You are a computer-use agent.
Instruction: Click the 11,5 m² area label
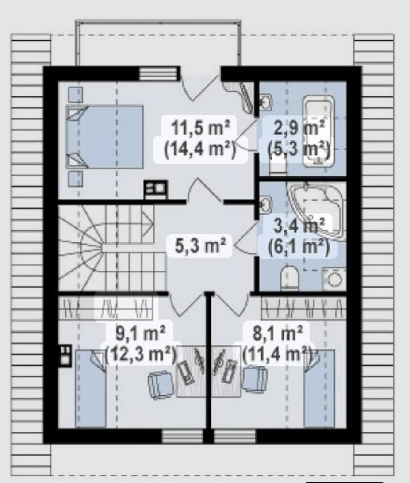pyautogui.click(x=200, y=128)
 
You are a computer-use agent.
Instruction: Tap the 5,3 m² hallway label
pyautogui.click(x=200, y=245)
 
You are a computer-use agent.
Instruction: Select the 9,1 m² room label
pyautogui.click(x=141, y=333)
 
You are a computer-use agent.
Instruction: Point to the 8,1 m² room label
pyautogui.click(x=278, y=333)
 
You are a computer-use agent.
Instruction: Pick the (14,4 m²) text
pyautogui.click(x=200, y=149)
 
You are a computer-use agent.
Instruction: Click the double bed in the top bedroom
pyautogui.click(x=105, y=137)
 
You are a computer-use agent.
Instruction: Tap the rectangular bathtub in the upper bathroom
pyautogui.click(x=318, y=131)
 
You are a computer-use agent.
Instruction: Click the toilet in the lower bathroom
pyautogui.click(x=290, y=278)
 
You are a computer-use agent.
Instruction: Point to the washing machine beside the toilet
pyautogui.click(x=334, y=279)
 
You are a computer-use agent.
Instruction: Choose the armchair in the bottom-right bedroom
pyautogui.click(x=255, y=379)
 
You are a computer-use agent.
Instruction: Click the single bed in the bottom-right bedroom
pyautogui.click(x=319, y=389)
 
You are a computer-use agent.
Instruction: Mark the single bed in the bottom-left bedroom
pyautogui.click(x=91, y=389)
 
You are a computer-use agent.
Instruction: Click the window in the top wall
pyautogui.click(x=159, y=74)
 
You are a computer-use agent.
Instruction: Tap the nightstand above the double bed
pyautogui.click(x=75, y=95)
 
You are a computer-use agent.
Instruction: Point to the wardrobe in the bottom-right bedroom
pyautogui.click(x=303, y=308)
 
